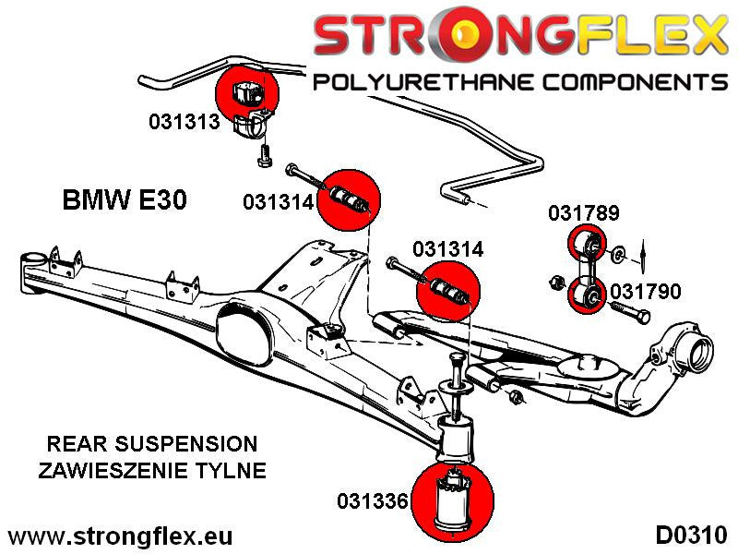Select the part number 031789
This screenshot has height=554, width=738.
pos(583,213)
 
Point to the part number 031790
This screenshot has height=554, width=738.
pos(645,293)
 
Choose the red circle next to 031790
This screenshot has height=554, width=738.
pos(583,295)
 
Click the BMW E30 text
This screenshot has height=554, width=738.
pos(123,200)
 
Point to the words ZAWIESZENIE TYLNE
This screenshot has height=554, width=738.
pos(152,471)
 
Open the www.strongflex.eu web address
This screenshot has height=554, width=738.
pos(120,536)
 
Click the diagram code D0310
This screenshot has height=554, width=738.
pos(692,536)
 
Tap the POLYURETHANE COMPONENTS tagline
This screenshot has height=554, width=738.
pos(520,82)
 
